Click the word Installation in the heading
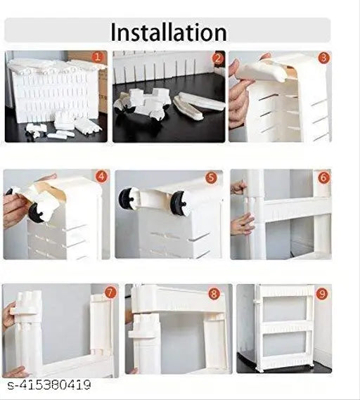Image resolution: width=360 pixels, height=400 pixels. [x=168, y=32]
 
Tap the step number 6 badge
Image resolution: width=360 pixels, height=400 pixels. [x=323, y=178]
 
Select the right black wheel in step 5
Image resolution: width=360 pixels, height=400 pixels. [x=178, y=202]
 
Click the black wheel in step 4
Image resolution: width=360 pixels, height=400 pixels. [x=35, y=212]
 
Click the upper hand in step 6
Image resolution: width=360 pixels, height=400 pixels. [x=239, y=188]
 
